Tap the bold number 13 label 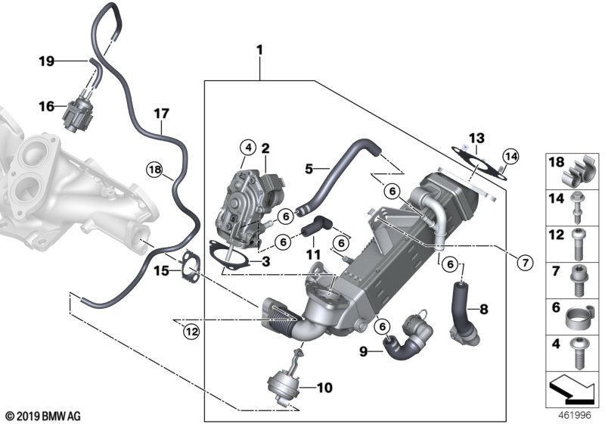[x=475, y=138]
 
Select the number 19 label [x=48, y=61]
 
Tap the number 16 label [x=48, y=107]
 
